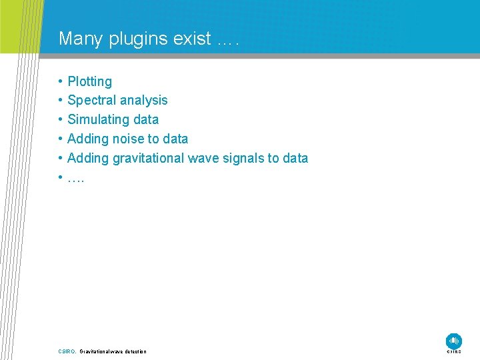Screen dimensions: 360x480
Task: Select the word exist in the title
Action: click(x=192, y=39)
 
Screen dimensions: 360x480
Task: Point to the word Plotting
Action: click(x=89, y=82)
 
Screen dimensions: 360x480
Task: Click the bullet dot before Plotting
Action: click(x=60, y=82)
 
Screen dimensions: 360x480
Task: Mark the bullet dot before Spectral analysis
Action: click(x=60, y=101)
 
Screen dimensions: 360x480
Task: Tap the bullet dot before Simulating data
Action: click(x=60, y=120)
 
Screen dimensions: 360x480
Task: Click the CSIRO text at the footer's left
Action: click(x=67, y=351)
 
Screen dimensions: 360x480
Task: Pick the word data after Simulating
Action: click(x=146, y=120)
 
